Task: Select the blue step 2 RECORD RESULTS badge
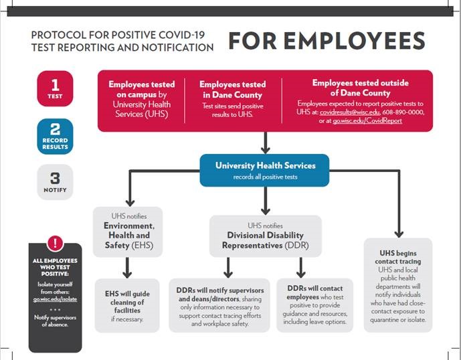point(55,136)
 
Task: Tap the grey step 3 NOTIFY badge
point(55,182)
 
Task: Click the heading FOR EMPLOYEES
point(327,41)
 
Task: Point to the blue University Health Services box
point(265,169)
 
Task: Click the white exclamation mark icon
point(55,244)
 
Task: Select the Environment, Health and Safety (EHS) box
point(128,232)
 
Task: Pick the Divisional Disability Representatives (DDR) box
point(265,235)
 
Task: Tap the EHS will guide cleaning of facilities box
point(128,304)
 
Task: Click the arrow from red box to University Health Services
point(266,142)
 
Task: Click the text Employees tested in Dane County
point(232,90)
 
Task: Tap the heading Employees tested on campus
point(142,90)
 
